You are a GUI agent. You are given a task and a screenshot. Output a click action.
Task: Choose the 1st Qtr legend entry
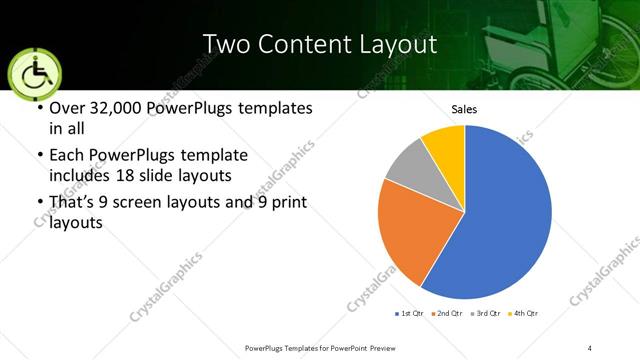click(410, 314)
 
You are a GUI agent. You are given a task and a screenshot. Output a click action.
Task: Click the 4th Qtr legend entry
click(525, 314)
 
